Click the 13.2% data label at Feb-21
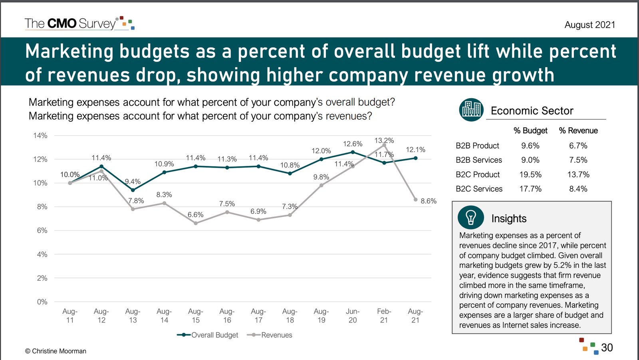click(x=384, y=140)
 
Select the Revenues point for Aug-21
click(x=415, y=200)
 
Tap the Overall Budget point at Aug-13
click(x=133, y=190)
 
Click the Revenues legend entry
click(x=270, y=335)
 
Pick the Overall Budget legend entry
click(x=208, y=335)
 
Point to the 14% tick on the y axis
click(x=40, y=136)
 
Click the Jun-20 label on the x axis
click(x=353, y=315)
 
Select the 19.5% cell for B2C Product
click(x=530, y=174)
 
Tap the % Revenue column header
click(x=578, y=131)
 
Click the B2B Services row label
click(x=478, y=160)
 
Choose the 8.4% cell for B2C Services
click(x=578, y=189)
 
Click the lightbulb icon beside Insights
click(x=471, y=218)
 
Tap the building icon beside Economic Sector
click(x=471, y=109)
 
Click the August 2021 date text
click(x=589, y=25)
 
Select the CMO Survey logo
click(x=79, y=23)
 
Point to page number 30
click(x=607, y=348)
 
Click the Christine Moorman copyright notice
click(x=56, y=351)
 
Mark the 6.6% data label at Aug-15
click(x=195, y=215)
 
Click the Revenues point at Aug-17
click(x=258, y=220)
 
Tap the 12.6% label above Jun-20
click(x=353, y=144)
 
